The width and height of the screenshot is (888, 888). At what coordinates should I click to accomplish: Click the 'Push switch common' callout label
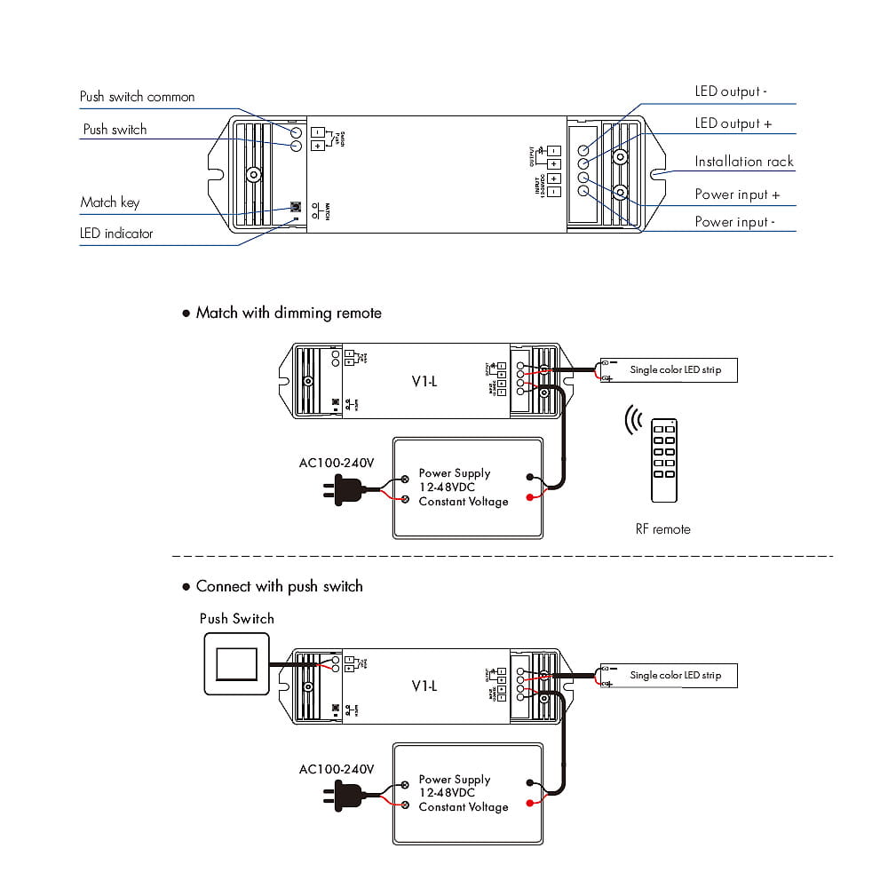[x=137, y=97]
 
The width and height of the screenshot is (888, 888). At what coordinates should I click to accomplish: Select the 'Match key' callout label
[x=109, y=202]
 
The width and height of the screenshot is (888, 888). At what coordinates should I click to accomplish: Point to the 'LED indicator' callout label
[x=116, y=234]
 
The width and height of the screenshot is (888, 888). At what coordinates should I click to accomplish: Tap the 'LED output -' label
[x=731, y=91]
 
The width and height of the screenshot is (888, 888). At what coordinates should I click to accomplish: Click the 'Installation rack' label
[x=744, y=162]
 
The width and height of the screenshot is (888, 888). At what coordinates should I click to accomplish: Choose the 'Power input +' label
[x=737, y=194]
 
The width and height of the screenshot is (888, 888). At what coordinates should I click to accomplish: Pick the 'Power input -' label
[x=734, y=222]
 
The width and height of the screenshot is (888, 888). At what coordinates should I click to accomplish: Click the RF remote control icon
[x=664, y=460]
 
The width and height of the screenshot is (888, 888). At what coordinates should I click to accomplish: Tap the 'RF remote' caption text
[x=662, y=529]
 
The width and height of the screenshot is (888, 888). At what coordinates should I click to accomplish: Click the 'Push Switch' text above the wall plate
[x=236, y=619]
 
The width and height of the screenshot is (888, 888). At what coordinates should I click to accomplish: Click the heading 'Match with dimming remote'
[x=289, y=313]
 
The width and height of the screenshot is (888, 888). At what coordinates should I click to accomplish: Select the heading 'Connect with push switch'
[x=279, y=586]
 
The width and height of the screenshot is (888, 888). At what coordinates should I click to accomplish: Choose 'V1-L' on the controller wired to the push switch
[x=424, y=686]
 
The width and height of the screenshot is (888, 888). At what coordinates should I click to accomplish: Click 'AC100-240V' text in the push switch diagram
[x=337, y=769]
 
